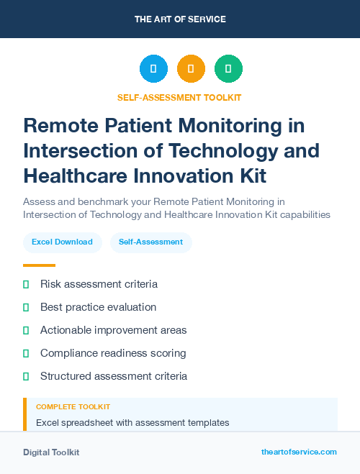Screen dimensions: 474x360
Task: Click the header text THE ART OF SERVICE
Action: click(180, 19)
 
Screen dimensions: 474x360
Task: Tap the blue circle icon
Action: click(153, 69)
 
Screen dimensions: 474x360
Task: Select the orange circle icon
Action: click(191, 69)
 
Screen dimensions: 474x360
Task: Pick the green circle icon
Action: click(228, 69)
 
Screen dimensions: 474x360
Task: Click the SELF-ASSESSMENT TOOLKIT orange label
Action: click(179, 97)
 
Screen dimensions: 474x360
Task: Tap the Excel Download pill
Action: click(62, 242)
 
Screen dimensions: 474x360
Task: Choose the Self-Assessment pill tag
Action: click(150, 242)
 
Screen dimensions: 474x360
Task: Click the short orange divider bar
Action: click(39, 265)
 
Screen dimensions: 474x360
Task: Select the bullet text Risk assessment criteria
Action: click(99, 284)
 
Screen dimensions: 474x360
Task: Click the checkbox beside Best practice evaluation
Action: click(26, 307)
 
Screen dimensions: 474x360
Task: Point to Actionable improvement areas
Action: click(113, 330)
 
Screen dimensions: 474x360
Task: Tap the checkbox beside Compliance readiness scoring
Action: click(26, 353)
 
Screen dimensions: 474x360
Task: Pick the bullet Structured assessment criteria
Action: click(114, 376)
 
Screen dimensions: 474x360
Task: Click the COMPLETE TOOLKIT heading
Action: click(73, 407)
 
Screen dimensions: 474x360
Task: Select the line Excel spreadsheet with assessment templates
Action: click(132, 422)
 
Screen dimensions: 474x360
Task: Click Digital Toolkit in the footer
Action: click(51, 452)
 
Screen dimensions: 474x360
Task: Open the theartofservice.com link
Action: click(299, 452)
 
